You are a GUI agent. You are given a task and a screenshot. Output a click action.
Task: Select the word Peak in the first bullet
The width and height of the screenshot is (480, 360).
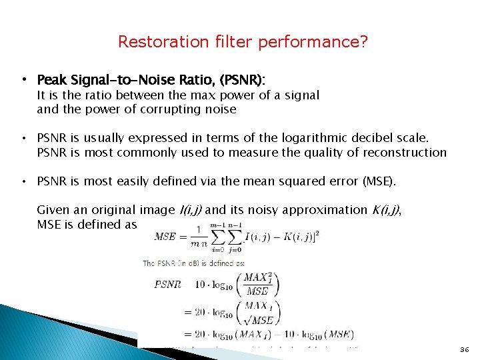click(x=50, y=81)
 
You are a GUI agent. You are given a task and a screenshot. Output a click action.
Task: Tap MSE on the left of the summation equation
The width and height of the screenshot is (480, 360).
click(x=166, y=236)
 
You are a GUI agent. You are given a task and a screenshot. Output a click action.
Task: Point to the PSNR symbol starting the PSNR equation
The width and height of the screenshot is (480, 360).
click(x=167, y=284)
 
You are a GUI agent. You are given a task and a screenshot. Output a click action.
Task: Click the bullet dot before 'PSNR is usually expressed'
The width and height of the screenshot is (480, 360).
click(x=24, y=139)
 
